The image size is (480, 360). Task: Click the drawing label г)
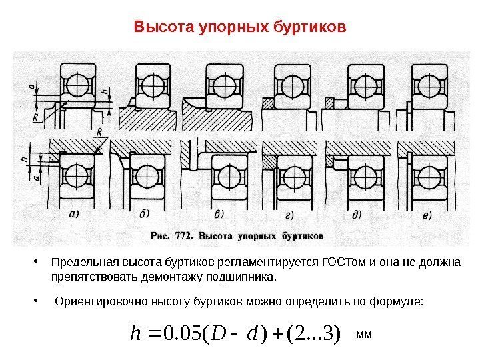pyautogui.click(x=289, y=215)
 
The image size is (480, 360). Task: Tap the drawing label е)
pyautogui.click(x=427, y=215)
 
